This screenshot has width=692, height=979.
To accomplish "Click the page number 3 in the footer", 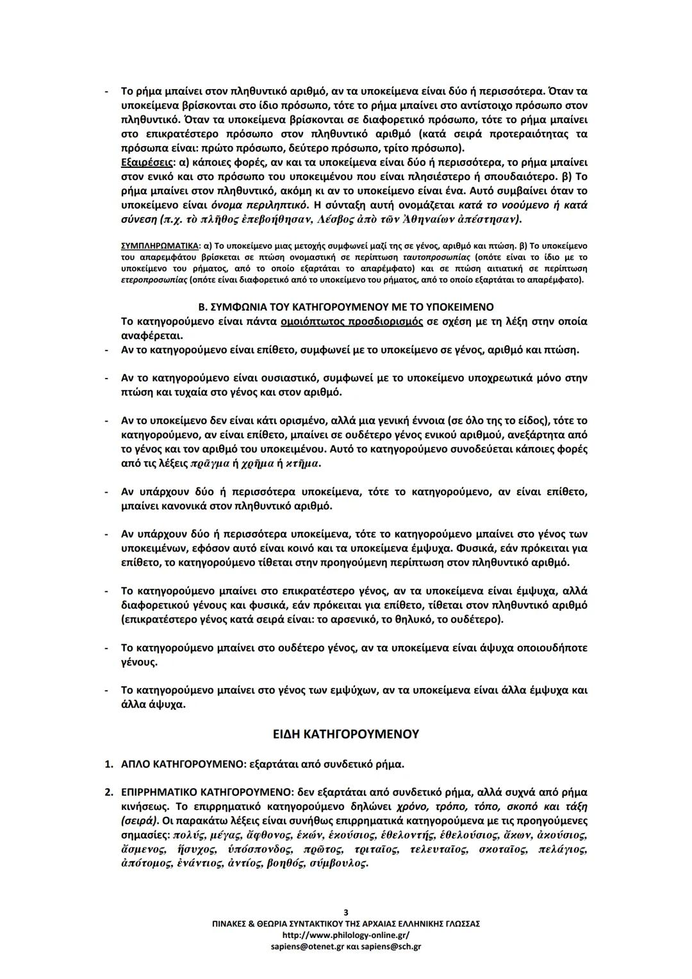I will (346, 912).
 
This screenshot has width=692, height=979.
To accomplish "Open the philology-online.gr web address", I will (346, 935).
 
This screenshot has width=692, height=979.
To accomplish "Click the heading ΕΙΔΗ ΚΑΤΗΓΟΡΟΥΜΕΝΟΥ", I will (346, 734).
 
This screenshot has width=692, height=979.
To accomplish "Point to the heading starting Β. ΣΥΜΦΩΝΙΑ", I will (346, 307).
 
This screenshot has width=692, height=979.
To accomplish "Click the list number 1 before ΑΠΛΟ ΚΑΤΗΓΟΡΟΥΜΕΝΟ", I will (109, 764).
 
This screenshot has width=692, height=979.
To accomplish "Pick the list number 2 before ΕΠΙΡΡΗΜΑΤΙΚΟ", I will (109, 793).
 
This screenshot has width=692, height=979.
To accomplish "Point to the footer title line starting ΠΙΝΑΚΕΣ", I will (346, 924).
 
